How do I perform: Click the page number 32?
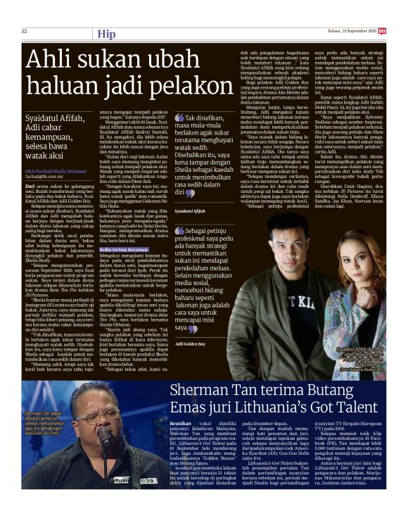[25, 31]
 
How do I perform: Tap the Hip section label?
[107, 33]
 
